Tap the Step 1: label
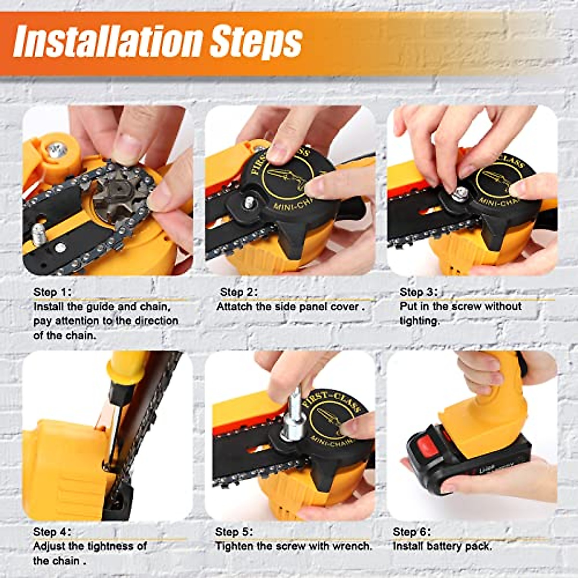point(53,292)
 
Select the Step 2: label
point(238,292)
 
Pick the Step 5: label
point(234,532)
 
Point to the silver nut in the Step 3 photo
point(459,194)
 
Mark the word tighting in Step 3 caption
point(420,321)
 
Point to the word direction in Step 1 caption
point(155,321)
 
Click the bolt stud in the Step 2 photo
point(249,202)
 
